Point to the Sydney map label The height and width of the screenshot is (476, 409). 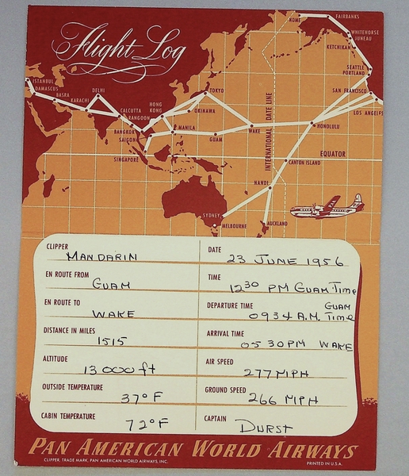(x=210, y=215)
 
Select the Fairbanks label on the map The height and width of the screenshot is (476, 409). (x=347, y=16)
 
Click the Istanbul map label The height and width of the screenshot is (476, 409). (x=42, y=81)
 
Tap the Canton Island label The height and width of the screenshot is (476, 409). (x=304, y=162)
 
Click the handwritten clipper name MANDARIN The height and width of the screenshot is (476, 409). (x=101, y=256)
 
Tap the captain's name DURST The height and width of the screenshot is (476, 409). (x=265, y=428)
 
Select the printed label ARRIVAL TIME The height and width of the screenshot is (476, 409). (x=226, y=334)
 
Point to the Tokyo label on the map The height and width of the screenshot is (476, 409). (x=216, y=91)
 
